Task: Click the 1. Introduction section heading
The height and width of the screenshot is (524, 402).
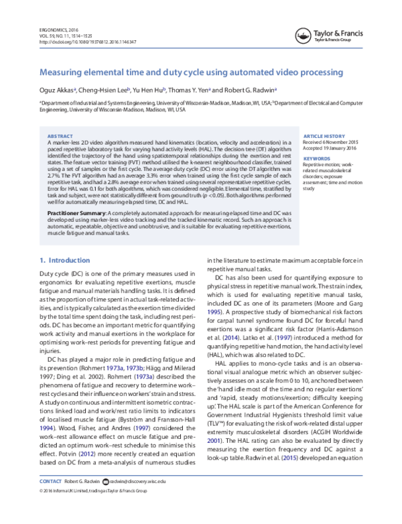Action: pyautogui.click(x=66, y=260)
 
